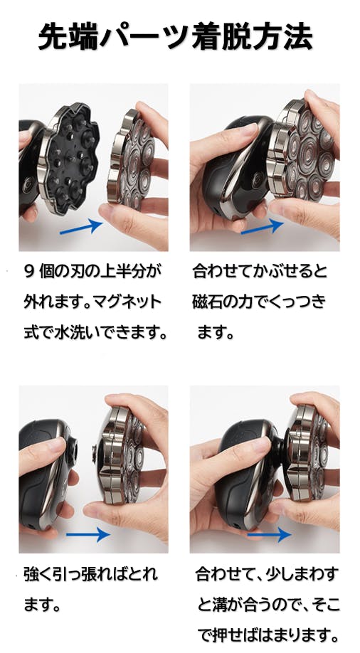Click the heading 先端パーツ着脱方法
pos(176,37)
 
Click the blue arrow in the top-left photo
pos(81,226)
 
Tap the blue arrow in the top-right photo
pos(262,226)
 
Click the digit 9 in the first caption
pos(29,272)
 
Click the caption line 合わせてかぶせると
pos(260,272)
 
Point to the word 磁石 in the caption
pos(208,302)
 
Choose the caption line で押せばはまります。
pos(267,636)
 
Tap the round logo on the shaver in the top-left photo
pos(28,184)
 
